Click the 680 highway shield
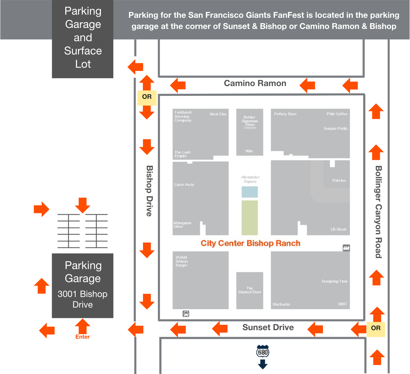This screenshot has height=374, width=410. pyautogui.click(x=263, y=352)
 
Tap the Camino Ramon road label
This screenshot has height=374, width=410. pyautogui.click(x=255, y=83)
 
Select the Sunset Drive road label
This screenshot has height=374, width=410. pyautogui.click(x=268, y=328)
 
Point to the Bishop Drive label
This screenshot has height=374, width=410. pyautogui.click(x=150, y=191)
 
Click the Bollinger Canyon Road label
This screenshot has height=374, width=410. pyautogui.click(x=378, y=212)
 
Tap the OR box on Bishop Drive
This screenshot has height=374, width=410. pyautogui.click(x=147, y=97)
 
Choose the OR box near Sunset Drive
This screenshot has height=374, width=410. pyautogui.click(x=376, y=328)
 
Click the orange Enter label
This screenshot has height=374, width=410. pyautogui.click(x=83, y=337)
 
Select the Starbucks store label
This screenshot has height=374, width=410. pyautogui.click(x=281, y=304)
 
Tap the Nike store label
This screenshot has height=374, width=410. pyautogui.click(x=249, y=151)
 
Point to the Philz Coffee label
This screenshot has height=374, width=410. pyautogui.click(x=337, y=114)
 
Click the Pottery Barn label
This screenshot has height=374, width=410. pyautogui.click(x=285, y=114)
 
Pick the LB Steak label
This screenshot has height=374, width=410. pyautogui.click(x=338, y=229)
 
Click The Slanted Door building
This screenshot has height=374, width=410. pyautogui.click(x=250, y=290)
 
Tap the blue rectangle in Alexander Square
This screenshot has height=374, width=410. pyautogui.click(x=249, y=192)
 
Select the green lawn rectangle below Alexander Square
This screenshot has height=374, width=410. pyautogui.click(x=249, y=218)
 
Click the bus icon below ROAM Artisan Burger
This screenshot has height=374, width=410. pyautogui.click(x=186, y=314)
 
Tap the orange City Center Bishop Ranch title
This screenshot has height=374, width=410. pyautogui.click(x=251, y=243)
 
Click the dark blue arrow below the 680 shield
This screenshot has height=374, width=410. pyautogui.click(x=263, y=364)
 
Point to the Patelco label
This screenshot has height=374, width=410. pyautogui.click(x=339, y=181)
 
